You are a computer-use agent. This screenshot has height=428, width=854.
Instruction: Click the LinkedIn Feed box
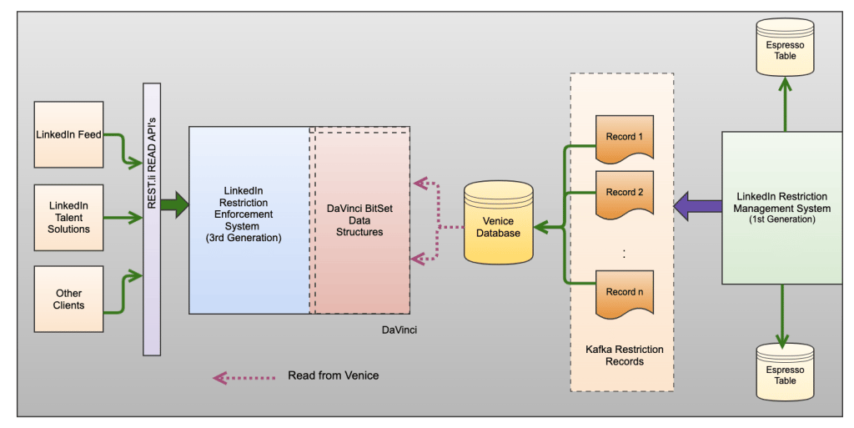[68, 134]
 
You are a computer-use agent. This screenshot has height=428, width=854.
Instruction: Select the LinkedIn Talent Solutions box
[68, 218]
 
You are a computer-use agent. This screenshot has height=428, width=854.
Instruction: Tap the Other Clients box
[68, 300]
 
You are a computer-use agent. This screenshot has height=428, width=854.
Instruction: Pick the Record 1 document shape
[625, 138]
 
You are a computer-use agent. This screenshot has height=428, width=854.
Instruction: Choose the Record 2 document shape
[625, 194]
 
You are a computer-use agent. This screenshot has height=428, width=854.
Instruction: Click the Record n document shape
[625, 295]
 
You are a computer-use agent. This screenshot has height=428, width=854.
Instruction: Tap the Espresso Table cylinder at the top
[785, 48]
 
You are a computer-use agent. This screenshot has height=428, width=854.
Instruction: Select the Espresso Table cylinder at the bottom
[785, 372]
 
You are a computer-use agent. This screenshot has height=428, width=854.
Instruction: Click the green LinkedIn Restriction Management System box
[783, 208]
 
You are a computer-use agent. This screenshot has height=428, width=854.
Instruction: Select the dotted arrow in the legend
[244, 377]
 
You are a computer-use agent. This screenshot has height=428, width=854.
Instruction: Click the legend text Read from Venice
[333, 375]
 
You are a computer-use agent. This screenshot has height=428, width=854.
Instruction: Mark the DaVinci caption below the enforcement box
[399, 330]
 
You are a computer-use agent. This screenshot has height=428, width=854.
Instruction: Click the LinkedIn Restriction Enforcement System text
[248, 214]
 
